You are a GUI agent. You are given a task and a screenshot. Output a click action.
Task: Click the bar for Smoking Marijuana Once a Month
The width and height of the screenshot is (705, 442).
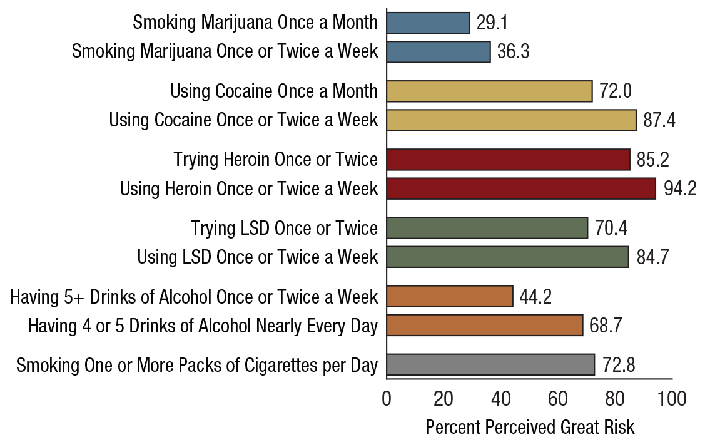428,23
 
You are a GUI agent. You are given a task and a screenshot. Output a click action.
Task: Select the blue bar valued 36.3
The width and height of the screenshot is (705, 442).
439,52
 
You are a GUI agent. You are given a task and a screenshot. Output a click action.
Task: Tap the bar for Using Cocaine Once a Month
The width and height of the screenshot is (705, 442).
489,91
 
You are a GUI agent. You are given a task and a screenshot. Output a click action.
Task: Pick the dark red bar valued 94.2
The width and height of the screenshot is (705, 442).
521,188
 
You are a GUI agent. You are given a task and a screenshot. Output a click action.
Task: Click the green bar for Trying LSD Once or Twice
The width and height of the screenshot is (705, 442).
487,228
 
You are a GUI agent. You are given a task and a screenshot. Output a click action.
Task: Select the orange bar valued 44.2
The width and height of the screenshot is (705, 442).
450,296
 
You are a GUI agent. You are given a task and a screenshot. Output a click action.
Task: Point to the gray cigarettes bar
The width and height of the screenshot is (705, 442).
490,364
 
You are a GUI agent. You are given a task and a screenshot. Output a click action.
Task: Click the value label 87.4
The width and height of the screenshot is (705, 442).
659,120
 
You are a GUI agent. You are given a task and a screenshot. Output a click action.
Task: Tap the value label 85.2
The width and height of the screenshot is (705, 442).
653,160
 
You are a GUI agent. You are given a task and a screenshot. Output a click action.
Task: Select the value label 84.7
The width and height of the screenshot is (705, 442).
652,257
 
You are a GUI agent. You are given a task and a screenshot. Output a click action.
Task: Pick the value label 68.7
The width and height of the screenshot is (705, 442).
606,326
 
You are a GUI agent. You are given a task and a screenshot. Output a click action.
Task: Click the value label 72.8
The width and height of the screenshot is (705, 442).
618,365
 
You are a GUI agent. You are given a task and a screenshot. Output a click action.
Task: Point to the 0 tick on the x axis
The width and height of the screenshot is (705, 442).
387,399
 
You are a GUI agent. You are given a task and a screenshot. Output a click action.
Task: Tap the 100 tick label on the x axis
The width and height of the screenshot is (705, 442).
672,399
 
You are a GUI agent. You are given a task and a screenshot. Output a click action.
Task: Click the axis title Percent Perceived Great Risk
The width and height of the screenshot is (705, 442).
529,428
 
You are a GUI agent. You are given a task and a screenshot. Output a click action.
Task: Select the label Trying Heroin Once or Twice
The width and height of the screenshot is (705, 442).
276,160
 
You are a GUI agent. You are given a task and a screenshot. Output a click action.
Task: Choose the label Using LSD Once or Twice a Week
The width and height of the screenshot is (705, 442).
258,257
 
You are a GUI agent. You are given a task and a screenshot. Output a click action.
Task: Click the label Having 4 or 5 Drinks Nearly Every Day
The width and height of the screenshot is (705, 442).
203,326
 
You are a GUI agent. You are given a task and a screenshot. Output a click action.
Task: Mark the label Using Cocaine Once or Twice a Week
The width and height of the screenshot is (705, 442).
244,120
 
